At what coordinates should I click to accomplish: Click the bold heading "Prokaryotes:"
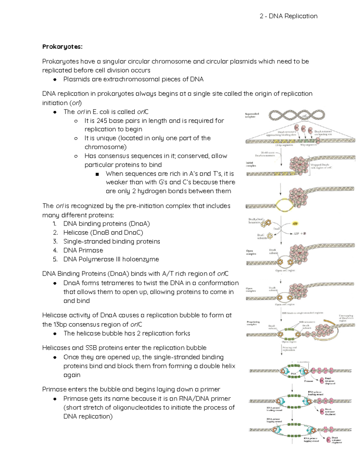(x=62, y=47)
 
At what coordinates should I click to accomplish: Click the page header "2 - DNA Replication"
(x=288, y=16)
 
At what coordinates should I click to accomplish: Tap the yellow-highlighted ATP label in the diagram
(x=295, y=224)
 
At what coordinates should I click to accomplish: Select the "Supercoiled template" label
(x=252, y=115)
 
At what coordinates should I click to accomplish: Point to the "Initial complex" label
(x=251, y=164)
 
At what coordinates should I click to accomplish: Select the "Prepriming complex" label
(x=253, y=323)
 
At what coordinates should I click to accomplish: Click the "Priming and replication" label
(x=289, y=349)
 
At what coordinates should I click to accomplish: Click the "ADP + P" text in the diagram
(x=300, y=233)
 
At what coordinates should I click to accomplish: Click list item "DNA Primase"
(x=83, y=250)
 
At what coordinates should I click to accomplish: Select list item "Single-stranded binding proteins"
(x=112, y=241)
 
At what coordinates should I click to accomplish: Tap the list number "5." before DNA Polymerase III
(x=55, y=259)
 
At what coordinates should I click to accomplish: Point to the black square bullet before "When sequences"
(x=97, y=174)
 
